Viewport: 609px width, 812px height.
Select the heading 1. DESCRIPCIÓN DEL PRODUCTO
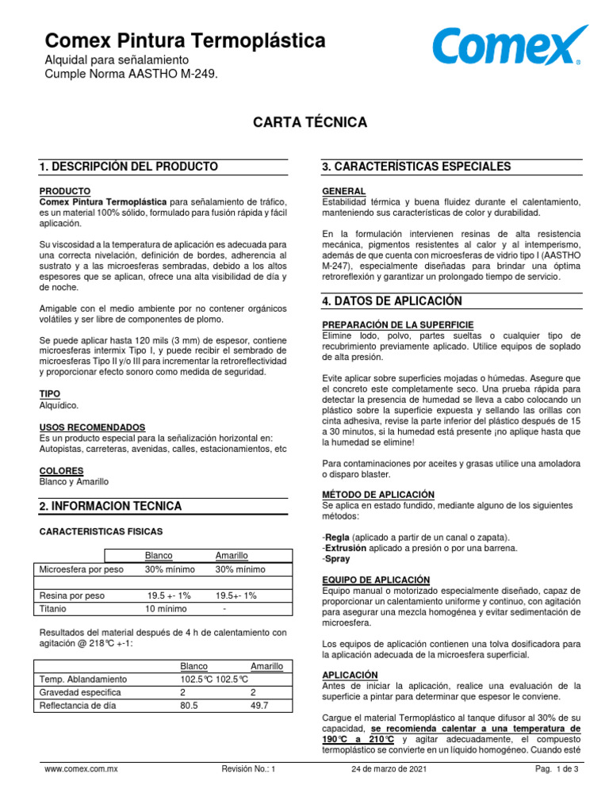coord(128,167)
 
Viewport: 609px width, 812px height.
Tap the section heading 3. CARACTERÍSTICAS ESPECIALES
coord(416,167)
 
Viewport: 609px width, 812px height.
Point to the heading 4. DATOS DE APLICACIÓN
coord(393,301)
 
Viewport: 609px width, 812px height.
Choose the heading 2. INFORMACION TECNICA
coord(110,506)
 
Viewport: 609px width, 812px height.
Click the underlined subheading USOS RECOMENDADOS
coord(92,427)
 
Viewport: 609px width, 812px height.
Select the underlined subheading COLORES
coord(61,470)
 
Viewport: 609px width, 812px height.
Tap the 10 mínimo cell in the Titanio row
coord(166,609)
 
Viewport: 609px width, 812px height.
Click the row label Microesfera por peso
coord(82,569)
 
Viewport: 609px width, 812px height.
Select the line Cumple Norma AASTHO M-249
coord(128,74)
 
